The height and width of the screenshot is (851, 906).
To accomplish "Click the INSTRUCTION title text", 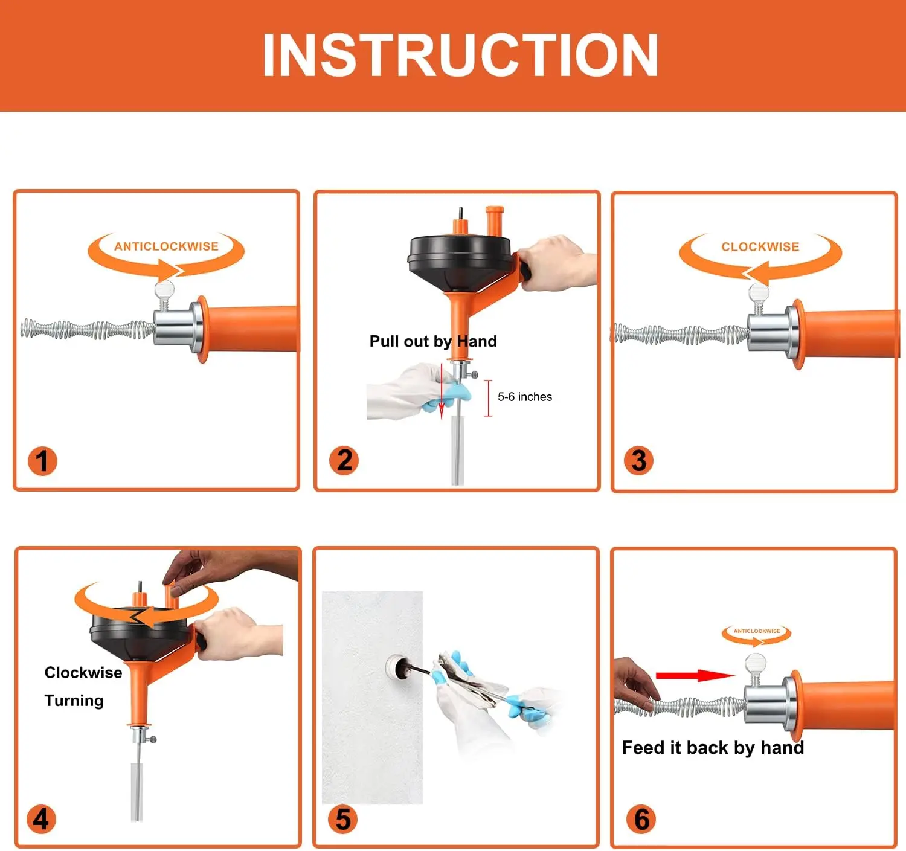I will pyautogui.click(x=460, y=56).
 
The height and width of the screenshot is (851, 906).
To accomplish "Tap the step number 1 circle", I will pyautogui.click(x=42, y=461).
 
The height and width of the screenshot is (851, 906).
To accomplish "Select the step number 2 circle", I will pyautogui.click(x=344, y=460).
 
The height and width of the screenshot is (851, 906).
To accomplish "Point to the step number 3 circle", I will pyautogui.click(x=638, y=461).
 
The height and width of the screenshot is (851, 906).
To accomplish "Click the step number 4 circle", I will pyautogui.click(x=41, y=820).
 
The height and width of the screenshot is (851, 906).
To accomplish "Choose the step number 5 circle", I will pyautogui.click(x=342, y=820).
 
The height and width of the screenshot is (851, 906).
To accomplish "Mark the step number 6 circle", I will pyautogui.click(x=641, y=820).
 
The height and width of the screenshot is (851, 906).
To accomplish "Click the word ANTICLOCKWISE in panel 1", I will pyautogui.click(x=166, y=246).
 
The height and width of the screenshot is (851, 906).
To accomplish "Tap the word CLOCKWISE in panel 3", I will pyautogui.click(x=760, y=247).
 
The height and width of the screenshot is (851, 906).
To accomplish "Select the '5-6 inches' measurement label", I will pyautogui.click(x=524, y=397).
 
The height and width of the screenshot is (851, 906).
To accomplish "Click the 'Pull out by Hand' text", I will pyautogui.click(x=433, y=341).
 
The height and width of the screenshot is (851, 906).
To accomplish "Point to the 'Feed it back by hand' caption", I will pyautogui.click(x=713, y=748).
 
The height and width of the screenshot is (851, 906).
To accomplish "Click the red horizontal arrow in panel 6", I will pyautogui.click(x=695, y=675).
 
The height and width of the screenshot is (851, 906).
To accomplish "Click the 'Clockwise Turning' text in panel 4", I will pyautogui.click(x=83, y=687).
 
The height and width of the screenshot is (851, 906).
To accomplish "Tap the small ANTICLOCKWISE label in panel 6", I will pyautogui.click(x=756, y=631).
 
